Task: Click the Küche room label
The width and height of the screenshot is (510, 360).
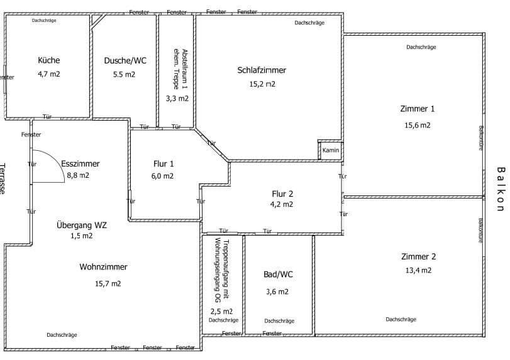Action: point(49,60)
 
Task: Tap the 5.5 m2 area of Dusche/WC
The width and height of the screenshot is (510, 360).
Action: point(124,74)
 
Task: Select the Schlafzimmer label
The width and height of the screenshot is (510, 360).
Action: point(262,70)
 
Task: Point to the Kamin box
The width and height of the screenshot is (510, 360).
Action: point(331,151)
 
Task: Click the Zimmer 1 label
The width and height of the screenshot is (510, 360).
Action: point(417,109)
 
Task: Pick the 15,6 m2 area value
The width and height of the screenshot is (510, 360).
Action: point(417,125)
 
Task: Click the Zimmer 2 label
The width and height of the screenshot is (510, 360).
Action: point(418,256)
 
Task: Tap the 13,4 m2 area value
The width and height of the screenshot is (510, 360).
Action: point(418,271)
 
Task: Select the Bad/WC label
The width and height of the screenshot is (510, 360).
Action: point(279,275)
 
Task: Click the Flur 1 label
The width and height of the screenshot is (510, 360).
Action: point(164,163)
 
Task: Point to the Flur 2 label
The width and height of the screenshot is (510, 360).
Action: point(282,193)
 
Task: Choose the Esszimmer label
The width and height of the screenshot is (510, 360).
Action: point(80,163)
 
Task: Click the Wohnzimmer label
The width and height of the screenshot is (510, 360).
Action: point(103,267)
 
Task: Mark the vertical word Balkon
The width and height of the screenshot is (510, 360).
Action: point(501,189)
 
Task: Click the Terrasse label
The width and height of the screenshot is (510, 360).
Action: point(3,179)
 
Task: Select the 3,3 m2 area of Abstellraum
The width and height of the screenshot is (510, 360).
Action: point(177,98)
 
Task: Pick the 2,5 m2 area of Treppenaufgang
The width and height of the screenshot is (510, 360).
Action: point(221,311)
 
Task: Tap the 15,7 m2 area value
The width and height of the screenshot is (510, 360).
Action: point(108,283)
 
